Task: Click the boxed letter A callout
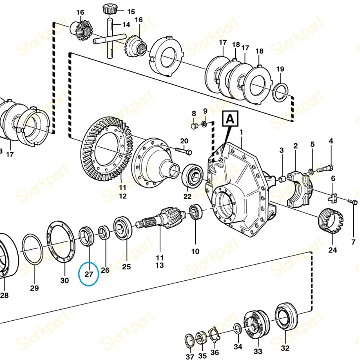230,119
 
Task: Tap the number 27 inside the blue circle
89,274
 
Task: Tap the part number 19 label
280,69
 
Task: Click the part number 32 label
285,348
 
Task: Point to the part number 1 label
241,132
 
